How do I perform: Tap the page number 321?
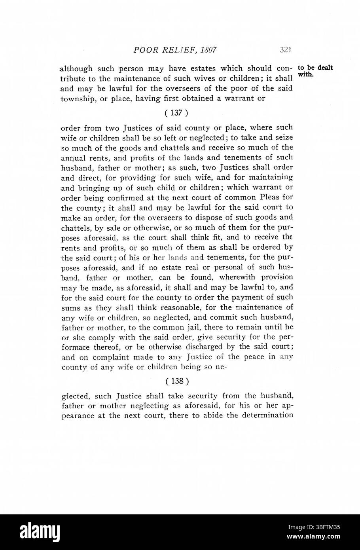tap(285, 50)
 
